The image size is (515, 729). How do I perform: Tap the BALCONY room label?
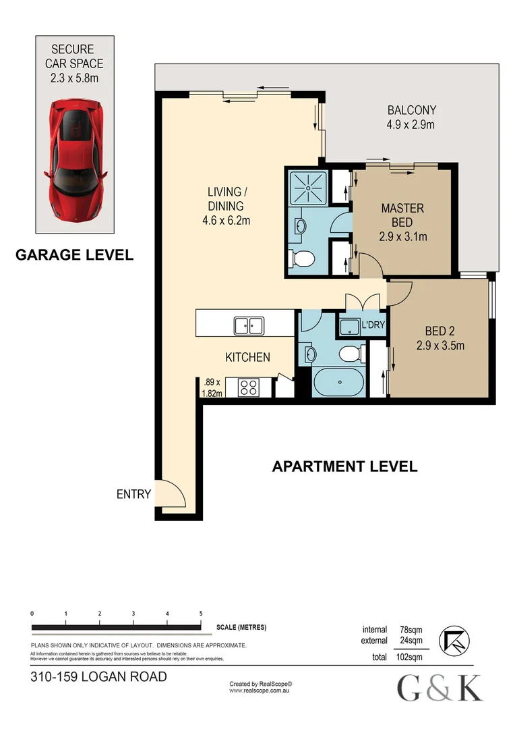[411, 110]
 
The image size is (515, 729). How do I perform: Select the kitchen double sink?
[248, 326]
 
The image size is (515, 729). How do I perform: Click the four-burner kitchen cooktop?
[248, 387]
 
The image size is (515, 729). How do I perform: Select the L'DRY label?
[373, 325]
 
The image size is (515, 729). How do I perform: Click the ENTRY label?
[133, 494]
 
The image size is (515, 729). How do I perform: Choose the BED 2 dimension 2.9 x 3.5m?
[440, 346]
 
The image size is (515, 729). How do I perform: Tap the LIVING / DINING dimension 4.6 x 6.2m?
[225, 220]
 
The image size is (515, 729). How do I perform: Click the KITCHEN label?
[247, 357]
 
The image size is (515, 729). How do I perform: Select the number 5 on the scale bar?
[201, 614]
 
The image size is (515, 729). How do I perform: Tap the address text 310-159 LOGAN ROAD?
[98, 676]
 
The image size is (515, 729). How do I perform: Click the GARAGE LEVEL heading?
[74, 254]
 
